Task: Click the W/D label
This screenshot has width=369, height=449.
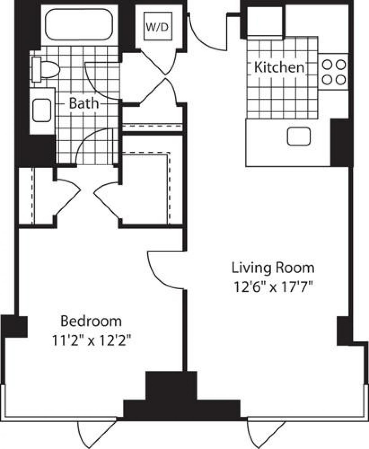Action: click(x=157, y=28)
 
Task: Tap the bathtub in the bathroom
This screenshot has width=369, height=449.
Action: click(x=78, y=24)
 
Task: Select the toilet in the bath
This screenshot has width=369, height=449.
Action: click(x=46, y=69)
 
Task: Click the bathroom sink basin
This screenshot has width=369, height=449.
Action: click(x=42, y=110)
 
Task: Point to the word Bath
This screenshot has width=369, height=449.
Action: click(x=84, y=103)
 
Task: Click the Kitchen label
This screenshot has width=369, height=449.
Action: click(x=279, y=67)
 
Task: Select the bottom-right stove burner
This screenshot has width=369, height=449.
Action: click(x=340, y=79)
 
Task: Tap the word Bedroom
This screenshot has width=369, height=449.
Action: click(x=91, y=321)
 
